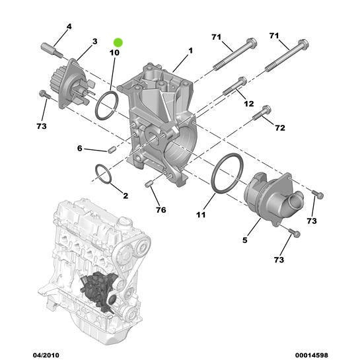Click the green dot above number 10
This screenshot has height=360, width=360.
(118, 40)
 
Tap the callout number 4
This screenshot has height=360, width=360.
(69, 26)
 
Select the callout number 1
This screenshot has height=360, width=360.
(190, 50)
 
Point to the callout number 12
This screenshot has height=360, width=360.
(248, 104)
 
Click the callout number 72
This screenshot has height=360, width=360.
(280, 127)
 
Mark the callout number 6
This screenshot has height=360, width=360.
(80, 149)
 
